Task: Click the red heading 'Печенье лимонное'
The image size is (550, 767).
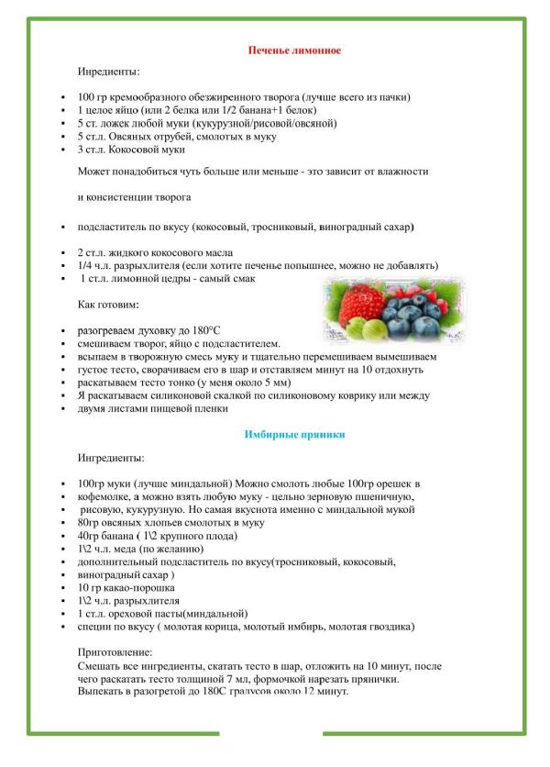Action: click(294, 50)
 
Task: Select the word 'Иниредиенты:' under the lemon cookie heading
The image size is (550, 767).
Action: click(109, 71)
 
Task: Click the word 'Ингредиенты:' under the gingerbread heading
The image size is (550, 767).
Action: click(110, 457)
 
